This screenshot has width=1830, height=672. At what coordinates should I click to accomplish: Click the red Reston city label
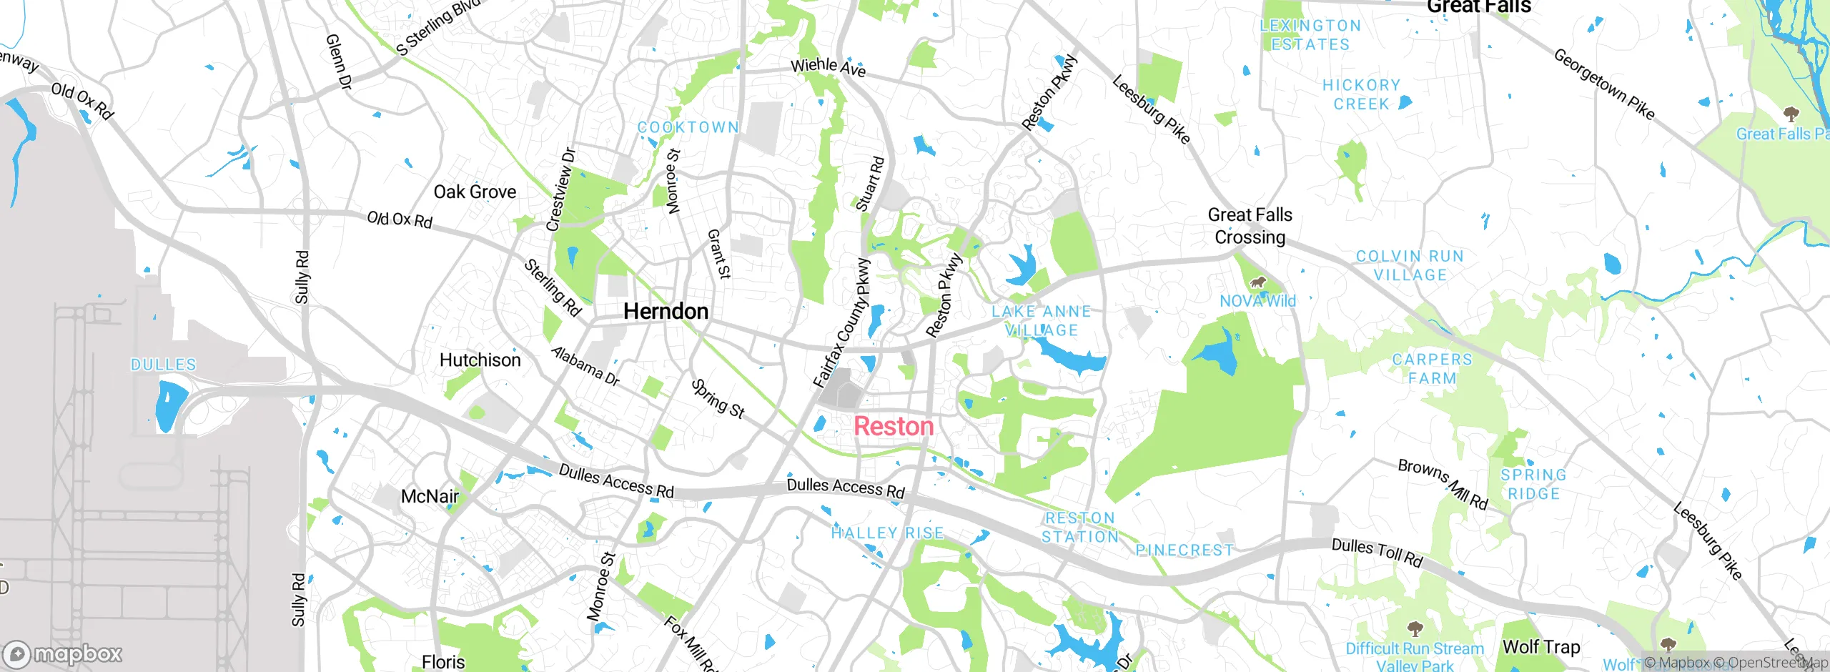point(894,426)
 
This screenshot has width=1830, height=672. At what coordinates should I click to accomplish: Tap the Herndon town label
point(666,311)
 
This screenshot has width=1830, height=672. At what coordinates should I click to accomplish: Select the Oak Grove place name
point(475,192)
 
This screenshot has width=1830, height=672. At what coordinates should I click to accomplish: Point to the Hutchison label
point(480,360)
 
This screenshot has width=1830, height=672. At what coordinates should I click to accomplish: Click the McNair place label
point(430,496)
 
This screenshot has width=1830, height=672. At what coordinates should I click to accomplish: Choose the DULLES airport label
point(163,365)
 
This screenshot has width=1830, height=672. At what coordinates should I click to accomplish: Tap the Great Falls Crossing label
point(1250,226)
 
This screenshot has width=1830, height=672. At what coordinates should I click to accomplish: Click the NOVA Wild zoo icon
point(1257,282)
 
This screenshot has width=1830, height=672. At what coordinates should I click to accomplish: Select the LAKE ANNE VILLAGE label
point(1041,321)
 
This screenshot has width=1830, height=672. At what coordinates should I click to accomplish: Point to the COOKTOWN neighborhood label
point(688,127)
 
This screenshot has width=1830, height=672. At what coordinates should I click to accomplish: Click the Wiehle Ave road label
point(828,67)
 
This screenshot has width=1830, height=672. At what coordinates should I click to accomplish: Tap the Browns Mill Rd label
point(1443,485)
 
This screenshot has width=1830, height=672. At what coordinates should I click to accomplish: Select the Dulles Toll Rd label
point(1377,553)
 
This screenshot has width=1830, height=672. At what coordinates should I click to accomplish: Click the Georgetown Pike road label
point(1604,84)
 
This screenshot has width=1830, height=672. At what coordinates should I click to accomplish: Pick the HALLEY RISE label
point(887,533)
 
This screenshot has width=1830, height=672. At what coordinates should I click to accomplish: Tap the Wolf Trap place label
point(1541,647)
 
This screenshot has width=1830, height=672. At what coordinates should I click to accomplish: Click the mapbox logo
point(63,653)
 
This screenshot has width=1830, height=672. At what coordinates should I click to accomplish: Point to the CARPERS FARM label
point(1432,369)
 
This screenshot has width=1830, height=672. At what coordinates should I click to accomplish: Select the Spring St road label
point(718,399)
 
